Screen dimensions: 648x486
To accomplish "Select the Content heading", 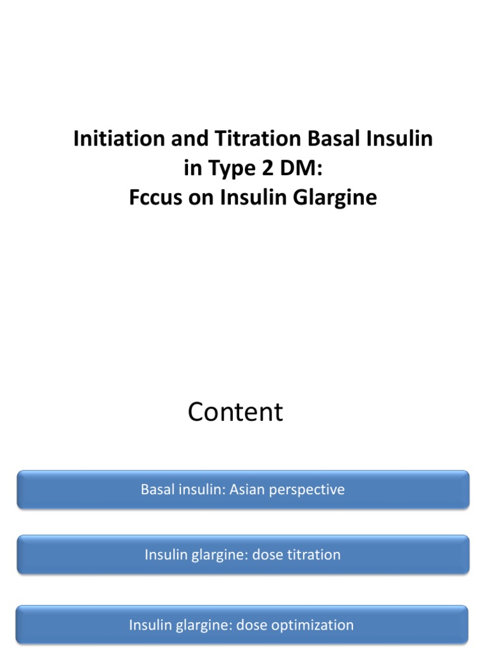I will coord(235,413).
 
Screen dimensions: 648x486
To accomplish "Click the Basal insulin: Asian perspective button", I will coord(243,490).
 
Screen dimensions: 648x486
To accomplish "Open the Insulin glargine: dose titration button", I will coord(243,555).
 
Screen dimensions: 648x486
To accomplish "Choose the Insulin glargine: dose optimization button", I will coord(243,625).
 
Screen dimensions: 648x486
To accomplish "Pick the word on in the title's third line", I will coord(206,198).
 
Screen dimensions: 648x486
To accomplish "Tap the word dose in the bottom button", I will coord(251,625).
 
